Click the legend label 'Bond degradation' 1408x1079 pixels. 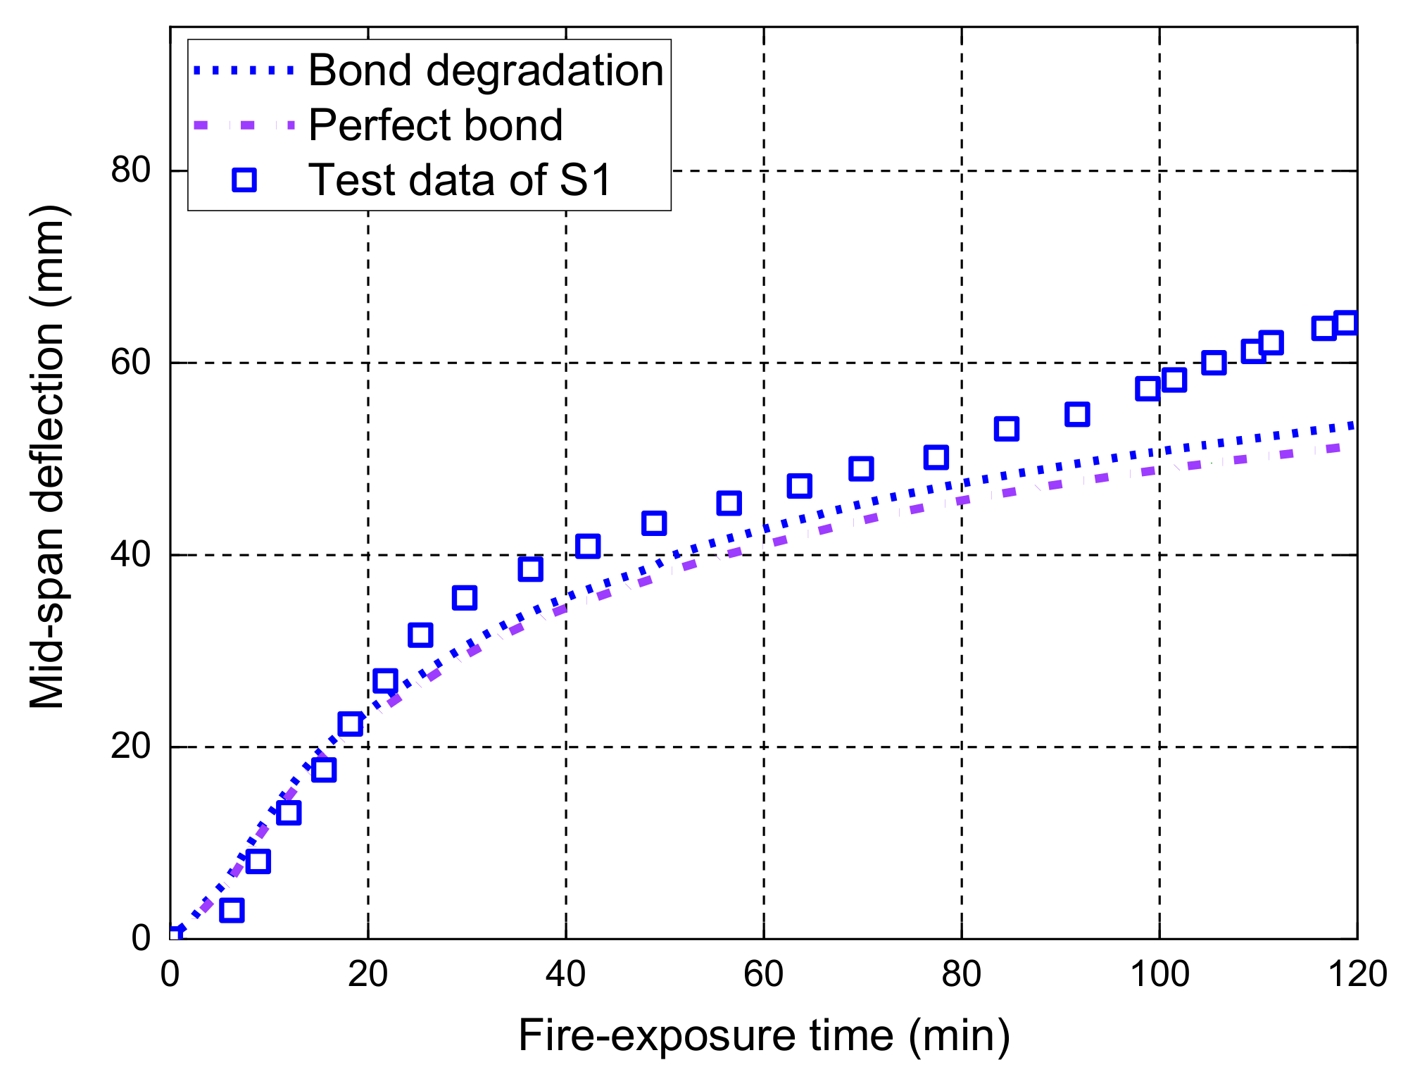click(x=486, y=71)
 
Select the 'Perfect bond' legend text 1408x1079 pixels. click(x=435, y=125)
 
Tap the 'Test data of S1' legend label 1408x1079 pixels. click(x=461, y=180)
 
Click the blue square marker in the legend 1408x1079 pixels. click(x=244, y=180)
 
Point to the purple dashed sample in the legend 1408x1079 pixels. click(x=244, y=125)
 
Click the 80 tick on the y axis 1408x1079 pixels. click(x=132, y=170)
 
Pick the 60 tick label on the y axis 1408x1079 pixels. click(x=132, y=363)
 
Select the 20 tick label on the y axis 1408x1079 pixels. click(x=132, y=747)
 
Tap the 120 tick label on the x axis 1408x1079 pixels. click(x=1356, y=975)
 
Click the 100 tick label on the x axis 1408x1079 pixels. click(x=1159, y=975)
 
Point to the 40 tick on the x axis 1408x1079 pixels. click(x=565, y=975)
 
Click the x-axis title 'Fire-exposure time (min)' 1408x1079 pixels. click(x=764, y=1035)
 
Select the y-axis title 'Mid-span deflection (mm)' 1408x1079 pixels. click(x=48, y=458)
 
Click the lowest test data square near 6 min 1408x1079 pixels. click(x=232, y=910)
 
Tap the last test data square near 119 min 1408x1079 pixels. click(x=1346, y=323)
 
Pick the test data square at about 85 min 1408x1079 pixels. click(x=1007, y=428)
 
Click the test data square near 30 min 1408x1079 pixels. click(x=465, y=598)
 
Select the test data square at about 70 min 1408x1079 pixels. click(x=861, y=468)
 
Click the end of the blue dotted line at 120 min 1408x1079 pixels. click(x=1352, y=425)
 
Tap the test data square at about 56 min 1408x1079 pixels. click(x=729, y=503)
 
